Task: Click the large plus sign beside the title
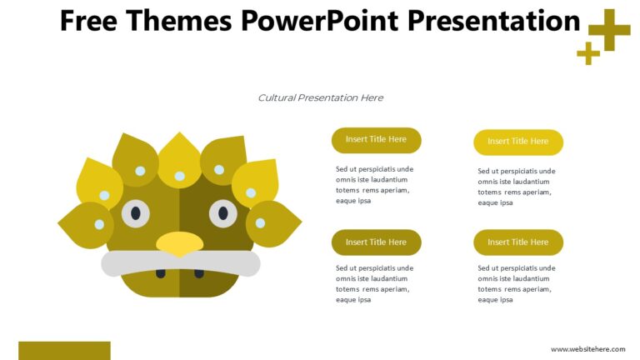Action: point(609,30)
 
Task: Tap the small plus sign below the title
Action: point(588,53)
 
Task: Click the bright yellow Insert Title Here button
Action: point(517,142)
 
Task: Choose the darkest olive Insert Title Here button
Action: point(376,242)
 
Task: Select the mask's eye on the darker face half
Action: point(222,213)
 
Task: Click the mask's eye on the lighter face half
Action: point(135,213)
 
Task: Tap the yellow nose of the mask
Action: point(179,243)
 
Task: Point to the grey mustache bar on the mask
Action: point(180,263)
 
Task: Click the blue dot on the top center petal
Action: point(179,176)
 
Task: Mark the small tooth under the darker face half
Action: point(199,273)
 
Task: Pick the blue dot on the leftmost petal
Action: point(99,224)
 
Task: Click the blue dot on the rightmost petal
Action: point(260,222)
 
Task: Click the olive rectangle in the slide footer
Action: point(64,350)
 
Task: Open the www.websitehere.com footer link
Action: point(587,349)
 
